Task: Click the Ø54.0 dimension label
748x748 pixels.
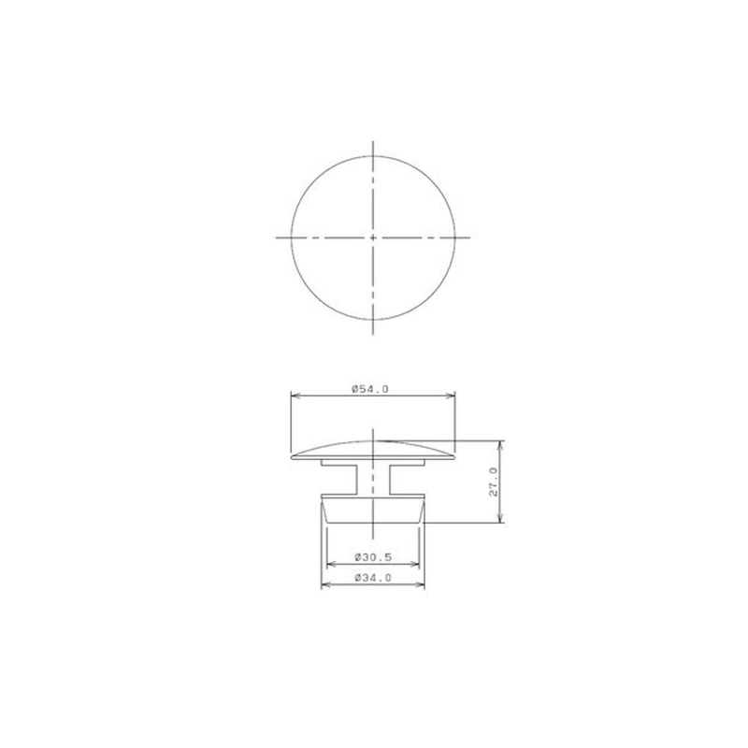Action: [x=370, y=388]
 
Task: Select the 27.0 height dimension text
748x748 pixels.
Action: [x=494, y=482]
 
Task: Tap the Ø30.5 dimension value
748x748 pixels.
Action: [x=371, y=557]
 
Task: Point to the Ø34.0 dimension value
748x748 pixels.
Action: [x=371, y=579]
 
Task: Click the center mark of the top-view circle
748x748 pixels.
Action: [x=373, y=237]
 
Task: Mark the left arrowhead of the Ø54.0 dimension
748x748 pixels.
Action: [x=295, y=396]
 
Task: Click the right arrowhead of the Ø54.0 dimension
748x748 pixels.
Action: [x=452, y=396]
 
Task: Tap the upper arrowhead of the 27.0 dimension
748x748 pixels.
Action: [x=502, y=444]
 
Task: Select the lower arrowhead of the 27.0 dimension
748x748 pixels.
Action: [x=502, y=520]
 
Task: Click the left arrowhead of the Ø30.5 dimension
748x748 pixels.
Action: [x=328, y=565]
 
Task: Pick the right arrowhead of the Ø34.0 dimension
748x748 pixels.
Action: [x=421, y=586]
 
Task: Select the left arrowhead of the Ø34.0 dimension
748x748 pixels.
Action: [x=324, y=586]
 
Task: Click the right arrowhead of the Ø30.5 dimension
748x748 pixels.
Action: [x=417, y=565]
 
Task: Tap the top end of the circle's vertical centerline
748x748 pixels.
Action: [x=373, y=143]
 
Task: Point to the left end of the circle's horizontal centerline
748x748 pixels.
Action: [x=277, y=237]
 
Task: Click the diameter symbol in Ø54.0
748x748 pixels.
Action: [x=355, y=388]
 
